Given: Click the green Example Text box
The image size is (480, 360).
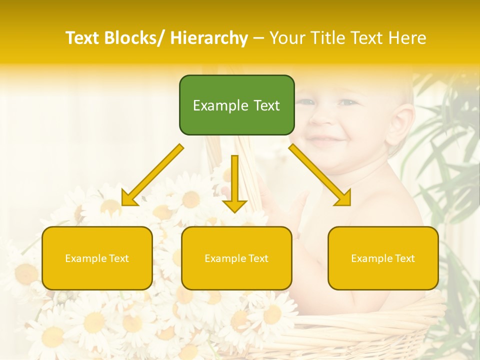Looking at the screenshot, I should click(x=236, y=105).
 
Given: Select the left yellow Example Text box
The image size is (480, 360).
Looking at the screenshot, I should click(x=97, y=258).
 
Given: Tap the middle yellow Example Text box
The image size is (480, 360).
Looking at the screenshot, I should click(x=236, y=258).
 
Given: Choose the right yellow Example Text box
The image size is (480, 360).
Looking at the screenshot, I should click(x=383, y=258).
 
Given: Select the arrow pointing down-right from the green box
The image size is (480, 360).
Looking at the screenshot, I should click(x=320, y=175).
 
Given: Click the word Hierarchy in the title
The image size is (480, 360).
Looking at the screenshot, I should click(x=208, y=38).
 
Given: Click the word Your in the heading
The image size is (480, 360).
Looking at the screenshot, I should click(x=286, y=38).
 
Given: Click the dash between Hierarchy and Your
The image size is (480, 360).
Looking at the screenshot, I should click(x=258, y=38).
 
